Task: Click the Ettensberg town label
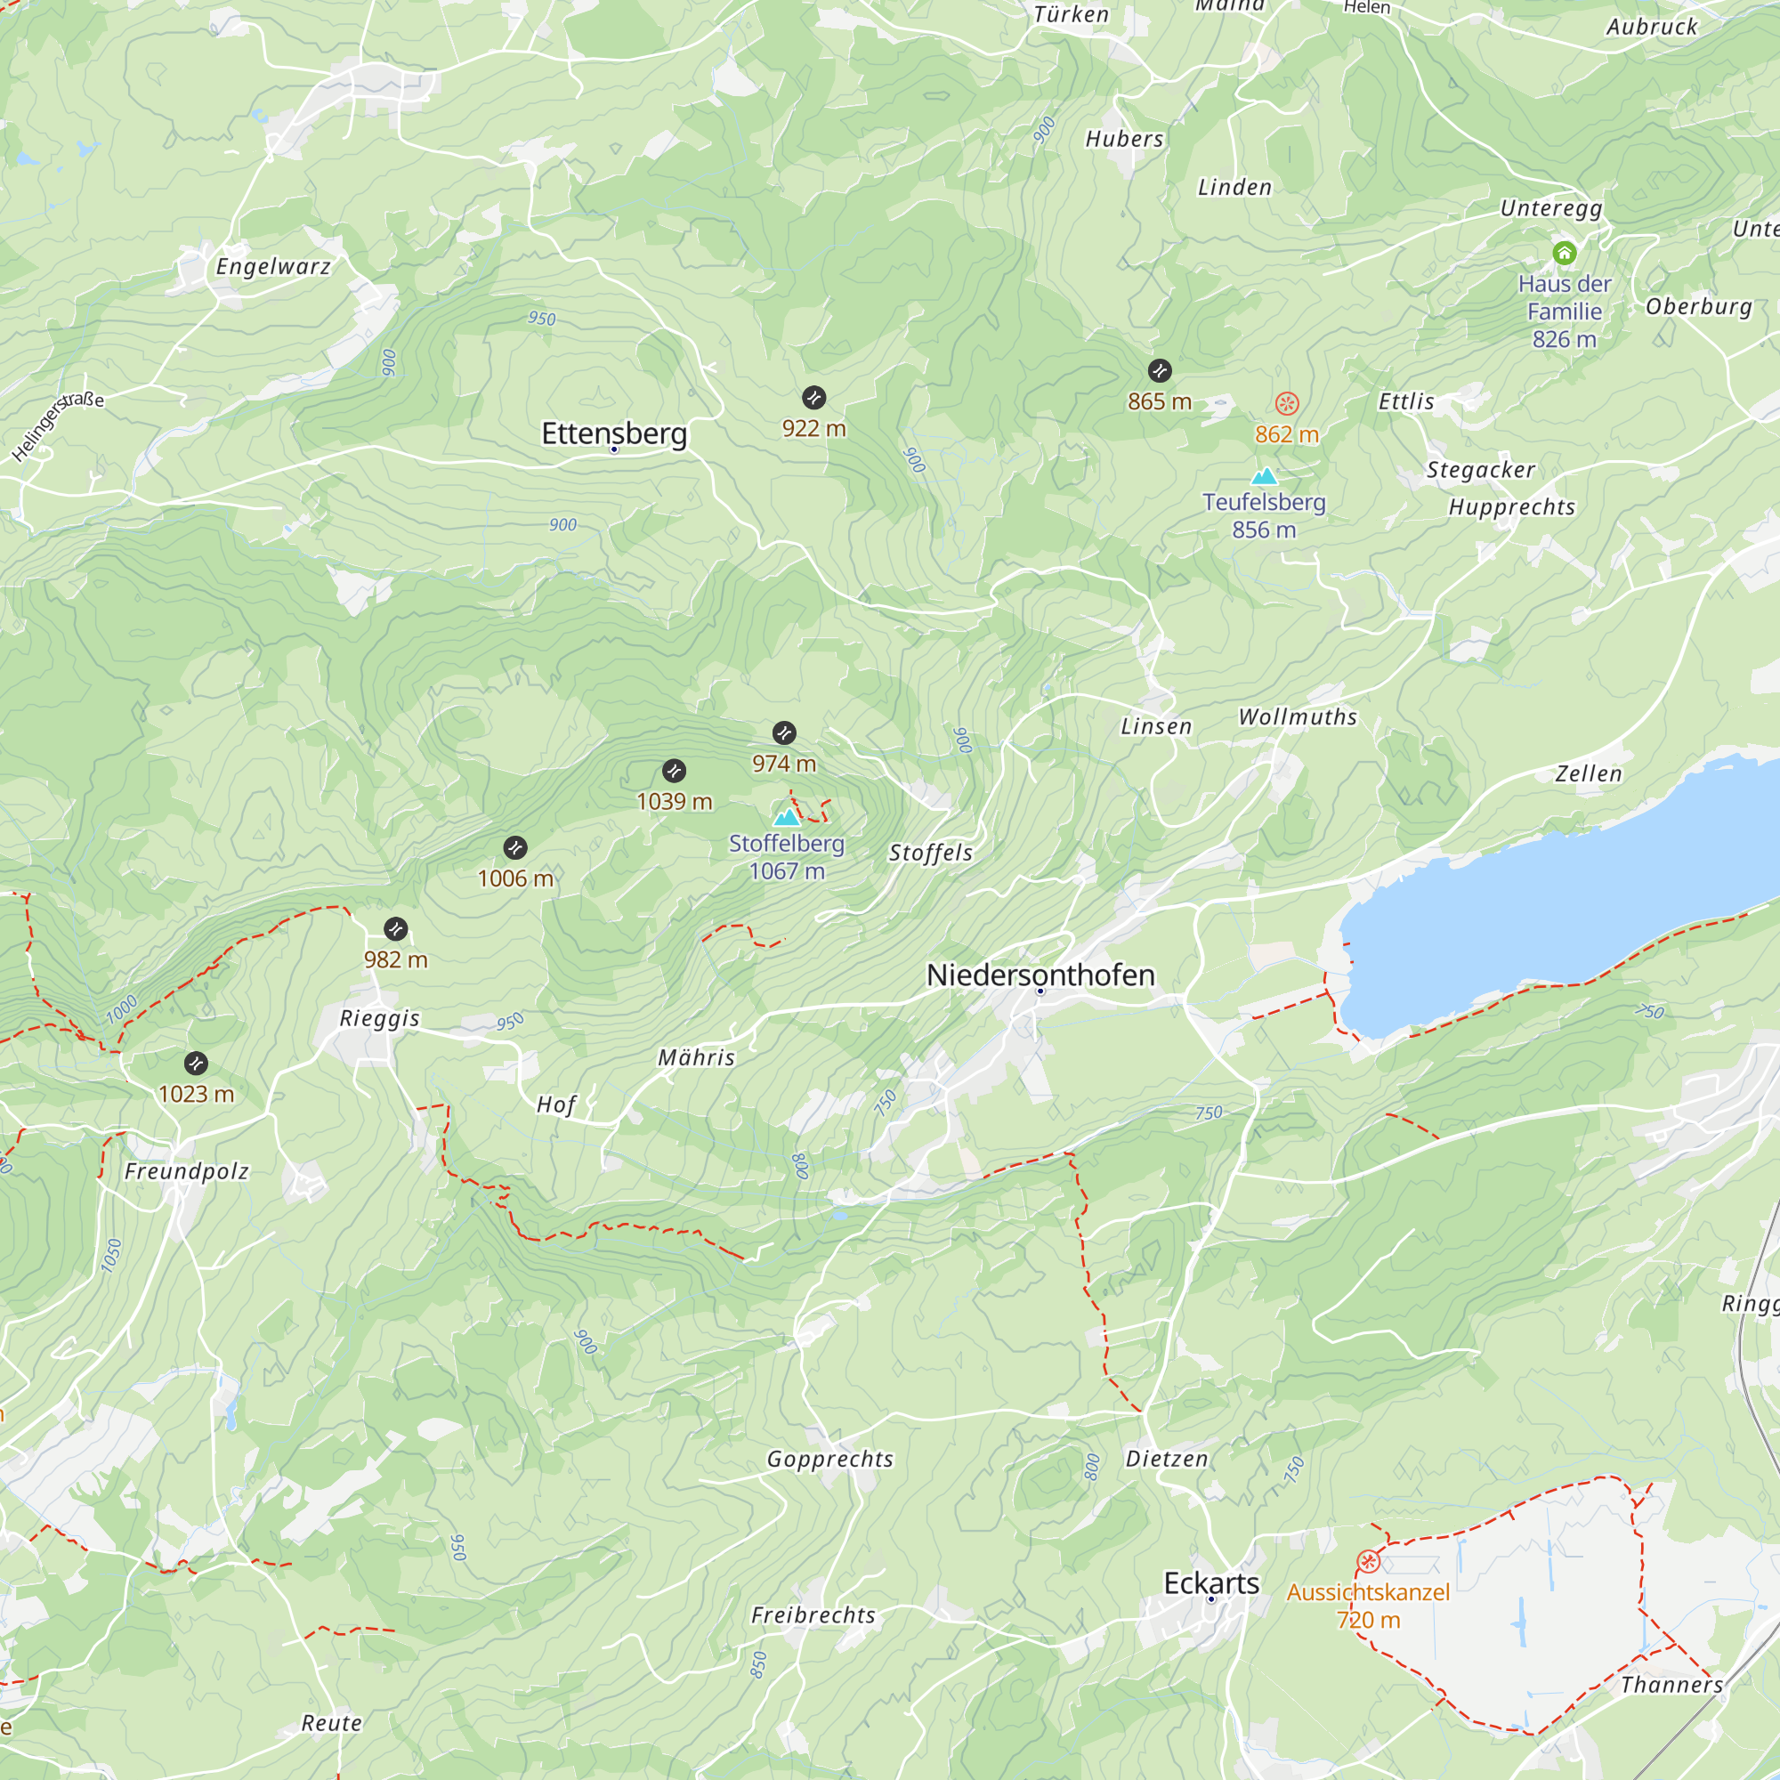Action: click(613, 433)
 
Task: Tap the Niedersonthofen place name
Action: click(1040, 975)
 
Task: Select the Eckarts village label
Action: click(1210, 1582)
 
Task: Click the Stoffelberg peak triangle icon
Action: click(787, 816)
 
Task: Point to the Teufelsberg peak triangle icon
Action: click(1264, 476)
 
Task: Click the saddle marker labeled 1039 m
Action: click(675, 770)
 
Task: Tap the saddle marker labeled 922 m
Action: click(813, 397)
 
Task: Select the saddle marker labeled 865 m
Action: click(1160, 370)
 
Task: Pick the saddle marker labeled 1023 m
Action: click(196, 1064)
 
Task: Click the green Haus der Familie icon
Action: click(1565, 253)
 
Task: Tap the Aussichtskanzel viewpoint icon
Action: click(1368, 1561)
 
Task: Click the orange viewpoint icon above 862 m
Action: click(1287, 403)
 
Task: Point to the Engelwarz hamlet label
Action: click(272, 267)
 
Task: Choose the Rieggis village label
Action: click(380, 1018)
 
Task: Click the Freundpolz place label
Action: click(187, 1171)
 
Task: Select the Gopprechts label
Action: click(830, 1459)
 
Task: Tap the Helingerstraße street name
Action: click(57, 426)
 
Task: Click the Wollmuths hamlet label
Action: click(1298, 716)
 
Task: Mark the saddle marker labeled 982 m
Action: click(396, 928)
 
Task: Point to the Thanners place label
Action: click(1671, 1684)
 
